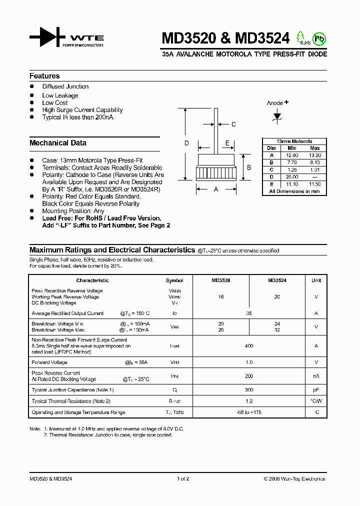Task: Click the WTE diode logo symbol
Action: pos(47,38)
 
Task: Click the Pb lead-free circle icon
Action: pos(318,38)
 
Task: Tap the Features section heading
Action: pos(44,76)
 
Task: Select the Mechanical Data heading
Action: pos(58,143)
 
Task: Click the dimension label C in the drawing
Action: pos(233,124)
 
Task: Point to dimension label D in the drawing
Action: pos(186,143)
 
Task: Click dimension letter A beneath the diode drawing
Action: pos(216,189)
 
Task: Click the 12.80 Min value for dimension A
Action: pos(292,155)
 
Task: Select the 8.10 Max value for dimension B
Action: pos(315,162)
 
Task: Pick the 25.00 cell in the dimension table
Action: pos(292,177)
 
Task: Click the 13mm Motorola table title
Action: pos(294,141)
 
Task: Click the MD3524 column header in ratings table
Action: pos(277,280)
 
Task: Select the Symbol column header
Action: pos(174,280)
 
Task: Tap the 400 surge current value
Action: pos(249,346)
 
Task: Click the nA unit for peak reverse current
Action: pos(316,376)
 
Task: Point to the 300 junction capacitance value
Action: pos(249,390)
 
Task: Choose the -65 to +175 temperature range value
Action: pos(249,412)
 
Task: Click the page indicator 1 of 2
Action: pos(183,479)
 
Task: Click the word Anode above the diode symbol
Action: pos(274,103)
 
